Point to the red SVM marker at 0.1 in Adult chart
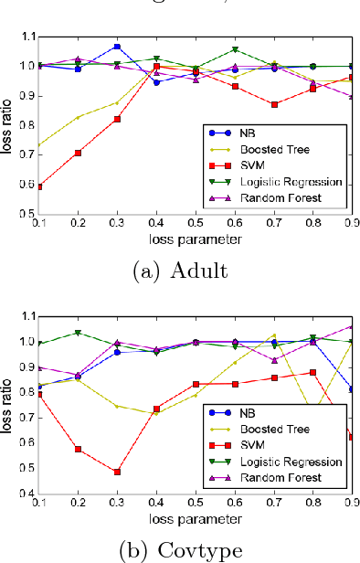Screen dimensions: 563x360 point(39,186)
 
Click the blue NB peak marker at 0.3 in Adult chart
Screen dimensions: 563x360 point(117,46)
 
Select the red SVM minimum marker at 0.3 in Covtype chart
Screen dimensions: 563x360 point(117,472)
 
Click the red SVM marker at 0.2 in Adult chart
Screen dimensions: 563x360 point(78,153)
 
